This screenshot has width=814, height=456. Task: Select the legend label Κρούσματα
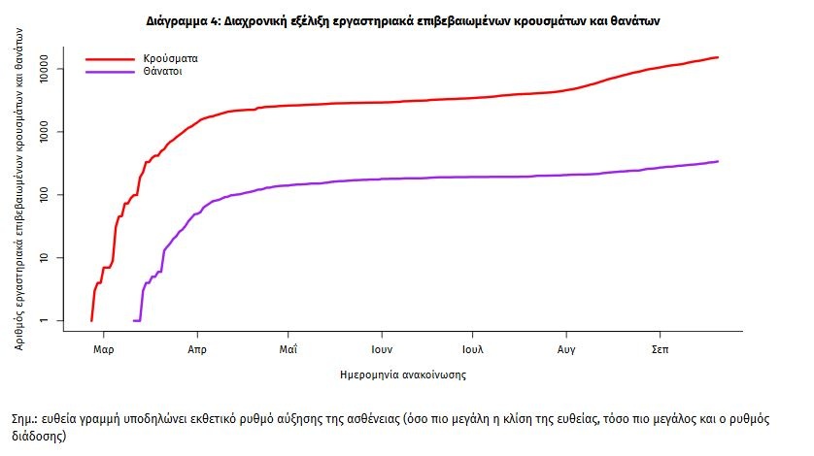[x=156, y=59]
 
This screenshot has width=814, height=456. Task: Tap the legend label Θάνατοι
[x=151, y=72]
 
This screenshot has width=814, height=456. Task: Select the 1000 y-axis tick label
[x=51, y=132]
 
